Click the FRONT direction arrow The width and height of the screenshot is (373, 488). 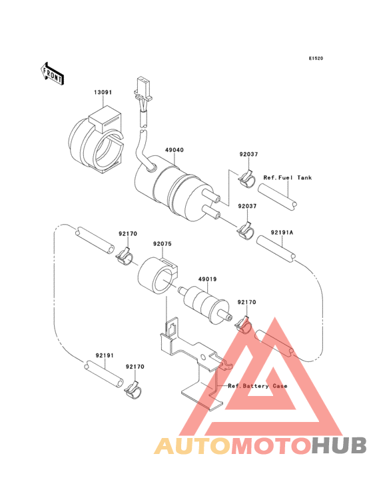[x=52, y=73]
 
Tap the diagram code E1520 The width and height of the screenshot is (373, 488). [x=316, y=58]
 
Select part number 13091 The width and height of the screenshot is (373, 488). [x=103, y=93]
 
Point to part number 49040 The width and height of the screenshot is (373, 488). [x=175, y=150]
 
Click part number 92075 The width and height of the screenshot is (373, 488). [x=163, y=244]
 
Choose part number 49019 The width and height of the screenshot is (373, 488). [x=207, y=279]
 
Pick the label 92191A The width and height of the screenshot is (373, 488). [x=282, y=233]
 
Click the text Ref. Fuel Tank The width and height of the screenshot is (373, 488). [x=288, y=178]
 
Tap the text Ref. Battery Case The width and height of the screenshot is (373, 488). [x=258, y=386]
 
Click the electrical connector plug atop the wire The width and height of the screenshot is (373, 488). [x=143, y=89]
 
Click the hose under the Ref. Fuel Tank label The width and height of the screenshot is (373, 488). [x=277, y=197]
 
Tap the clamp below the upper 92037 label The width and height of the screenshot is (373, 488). [x=247, y=179]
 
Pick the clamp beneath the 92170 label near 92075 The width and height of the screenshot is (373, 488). [x=125, y=256]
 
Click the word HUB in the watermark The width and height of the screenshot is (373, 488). [x=339, y=445]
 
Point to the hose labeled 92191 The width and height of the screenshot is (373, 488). [x=104, y=374]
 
